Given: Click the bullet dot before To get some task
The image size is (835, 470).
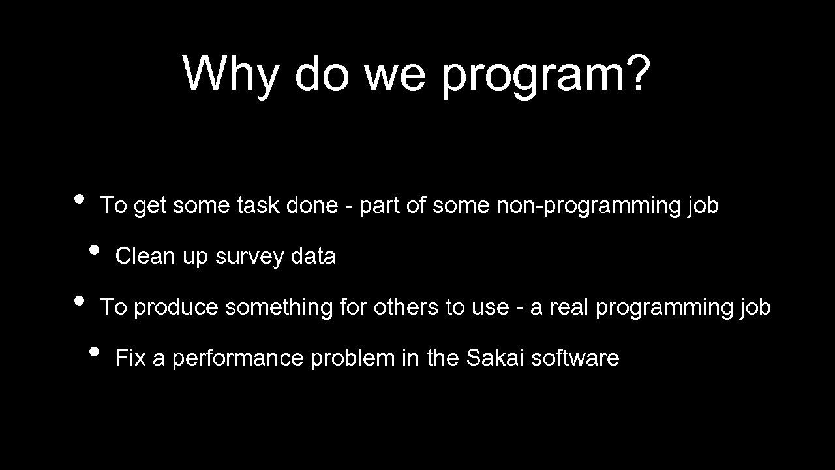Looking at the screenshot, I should point(79,198).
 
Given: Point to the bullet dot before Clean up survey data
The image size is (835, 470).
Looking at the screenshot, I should point(95,249).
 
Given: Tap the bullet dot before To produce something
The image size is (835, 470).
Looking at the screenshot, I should point(79,300).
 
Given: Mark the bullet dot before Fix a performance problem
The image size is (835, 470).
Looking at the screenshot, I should point(95,351).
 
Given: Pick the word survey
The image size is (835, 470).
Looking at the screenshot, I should point(250,257).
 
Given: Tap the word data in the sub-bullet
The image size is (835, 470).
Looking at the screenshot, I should point(313,257).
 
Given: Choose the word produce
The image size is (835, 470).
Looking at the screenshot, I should point(175,307).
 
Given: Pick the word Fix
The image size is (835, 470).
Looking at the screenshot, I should point(130,358).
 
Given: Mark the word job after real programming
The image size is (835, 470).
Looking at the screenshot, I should point(755,307).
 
